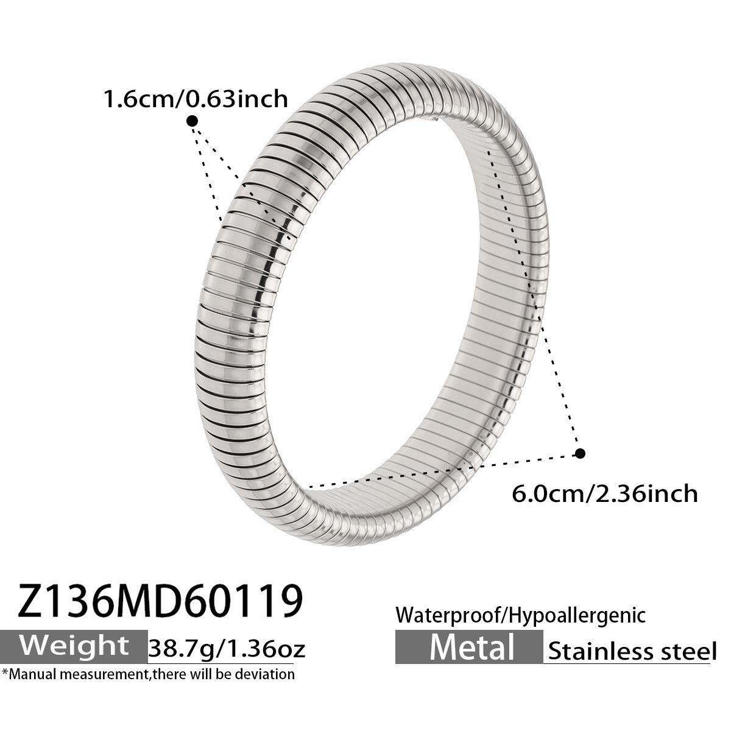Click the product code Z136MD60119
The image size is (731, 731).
click(x=160, y=602)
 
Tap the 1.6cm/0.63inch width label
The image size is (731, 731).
click(x=196, y=99)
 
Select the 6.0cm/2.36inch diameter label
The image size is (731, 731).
click(x=605, y=494)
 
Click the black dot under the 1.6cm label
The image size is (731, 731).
click(x=192, y=121)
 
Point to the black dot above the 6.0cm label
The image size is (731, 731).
click(x=580, y=453)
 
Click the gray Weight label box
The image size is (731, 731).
click(x=74, y=647)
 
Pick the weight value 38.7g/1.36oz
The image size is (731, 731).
click(x=227, y=649)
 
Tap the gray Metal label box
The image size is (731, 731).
click(x=469, y=647)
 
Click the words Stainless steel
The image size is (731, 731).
click(x=632, y=651)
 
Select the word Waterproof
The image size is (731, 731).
click(x=448, y=615)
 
